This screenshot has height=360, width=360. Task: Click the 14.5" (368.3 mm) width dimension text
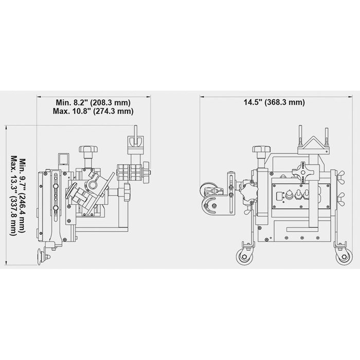click(x=274, y=102)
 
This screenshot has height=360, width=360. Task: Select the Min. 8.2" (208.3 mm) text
click(x=93, y=102)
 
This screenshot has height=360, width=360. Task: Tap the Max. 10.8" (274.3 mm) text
click(x=93, y=111)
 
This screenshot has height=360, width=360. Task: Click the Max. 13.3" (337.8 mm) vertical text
click(x=14, y=195)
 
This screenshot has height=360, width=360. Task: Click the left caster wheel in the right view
click(x=244, y=257)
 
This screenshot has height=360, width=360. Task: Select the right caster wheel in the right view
click(x=344, y=257)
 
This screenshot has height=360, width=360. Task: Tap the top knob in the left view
click(x=88, y=149)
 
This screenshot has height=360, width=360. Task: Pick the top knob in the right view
click(x=262, y=149)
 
